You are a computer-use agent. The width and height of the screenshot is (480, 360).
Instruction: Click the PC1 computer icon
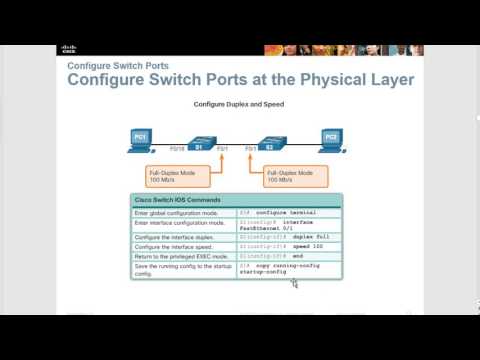[142, 140]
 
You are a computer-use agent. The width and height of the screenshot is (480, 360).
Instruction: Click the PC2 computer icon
[330, 139]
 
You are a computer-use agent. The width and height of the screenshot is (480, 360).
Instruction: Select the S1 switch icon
[200, 142]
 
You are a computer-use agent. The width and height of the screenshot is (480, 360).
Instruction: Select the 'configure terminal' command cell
[288, 213]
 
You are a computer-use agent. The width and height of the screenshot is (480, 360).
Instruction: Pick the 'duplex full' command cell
[288, 237]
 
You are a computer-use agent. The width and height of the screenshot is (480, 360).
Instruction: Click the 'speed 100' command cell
[288, 248]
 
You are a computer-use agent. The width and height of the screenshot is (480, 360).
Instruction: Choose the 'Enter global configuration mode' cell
[185, 213]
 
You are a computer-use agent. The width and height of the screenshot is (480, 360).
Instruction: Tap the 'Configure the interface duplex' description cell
[185, 237]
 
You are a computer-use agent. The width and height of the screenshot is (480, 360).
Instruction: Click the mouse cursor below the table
[294, 283]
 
